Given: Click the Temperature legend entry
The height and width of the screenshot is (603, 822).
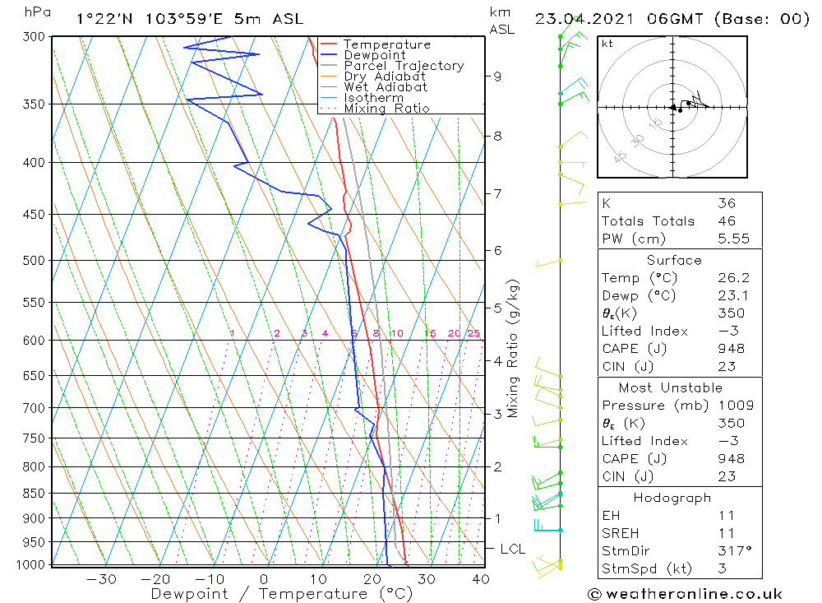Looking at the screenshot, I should tap(386, 44).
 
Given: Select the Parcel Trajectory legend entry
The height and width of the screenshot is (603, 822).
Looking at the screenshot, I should tap(404, 66).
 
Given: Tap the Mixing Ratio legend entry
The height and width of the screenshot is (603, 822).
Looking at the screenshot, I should tap(386, 109).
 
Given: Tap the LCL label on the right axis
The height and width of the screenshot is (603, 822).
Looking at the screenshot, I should tap(513, 549).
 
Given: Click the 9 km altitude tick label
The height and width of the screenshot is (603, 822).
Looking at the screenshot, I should tap(497, 77).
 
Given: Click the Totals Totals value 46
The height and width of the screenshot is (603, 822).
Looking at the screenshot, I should tap(727, 221).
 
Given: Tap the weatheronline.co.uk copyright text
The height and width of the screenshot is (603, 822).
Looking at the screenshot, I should tap(685, 594).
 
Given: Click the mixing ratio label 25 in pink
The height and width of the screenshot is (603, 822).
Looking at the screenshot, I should tap(473, 333).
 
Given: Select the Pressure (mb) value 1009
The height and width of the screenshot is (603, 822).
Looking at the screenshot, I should tap(731, 406).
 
